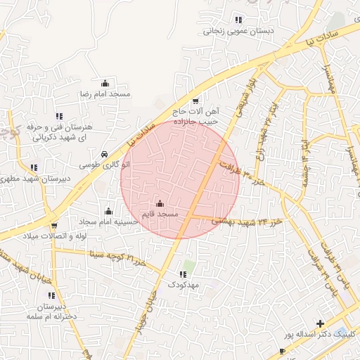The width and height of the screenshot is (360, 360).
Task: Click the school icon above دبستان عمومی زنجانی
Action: coord(238,20)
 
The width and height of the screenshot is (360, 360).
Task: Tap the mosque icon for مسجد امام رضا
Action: coord(105,83)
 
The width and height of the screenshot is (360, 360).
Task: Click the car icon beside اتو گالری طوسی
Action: coord(104,154)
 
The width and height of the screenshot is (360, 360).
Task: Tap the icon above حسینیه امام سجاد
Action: coord(108,211)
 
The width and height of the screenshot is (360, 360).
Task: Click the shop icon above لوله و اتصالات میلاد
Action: coord(54,226)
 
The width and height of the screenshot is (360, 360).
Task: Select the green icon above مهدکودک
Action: coord(185,274)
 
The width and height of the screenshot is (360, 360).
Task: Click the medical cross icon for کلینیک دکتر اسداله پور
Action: coord(321,324)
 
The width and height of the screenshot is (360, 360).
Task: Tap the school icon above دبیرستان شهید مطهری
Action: coord(33,167)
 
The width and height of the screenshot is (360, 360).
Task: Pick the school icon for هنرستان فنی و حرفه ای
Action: coord(58,116)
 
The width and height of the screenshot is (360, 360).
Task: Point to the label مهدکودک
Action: coord(184,285)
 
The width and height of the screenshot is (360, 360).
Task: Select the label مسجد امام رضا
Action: coord(105,94)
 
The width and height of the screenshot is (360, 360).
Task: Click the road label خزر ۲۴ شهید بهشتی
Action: coord(246,221)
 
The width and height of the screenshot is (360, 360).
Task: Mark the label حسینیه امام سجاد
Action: coord(108,221)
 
